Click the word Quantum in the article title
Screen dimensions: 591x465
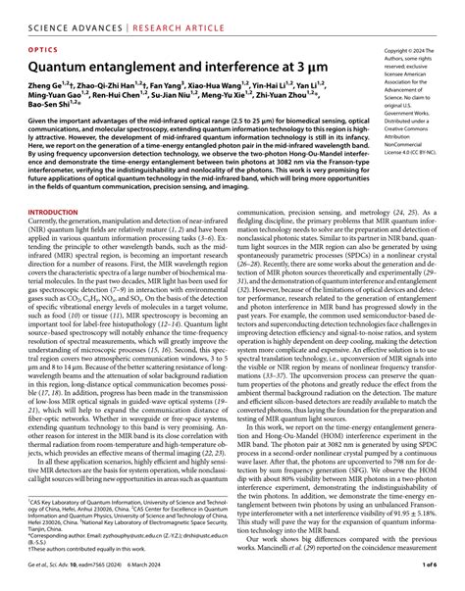63,64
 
